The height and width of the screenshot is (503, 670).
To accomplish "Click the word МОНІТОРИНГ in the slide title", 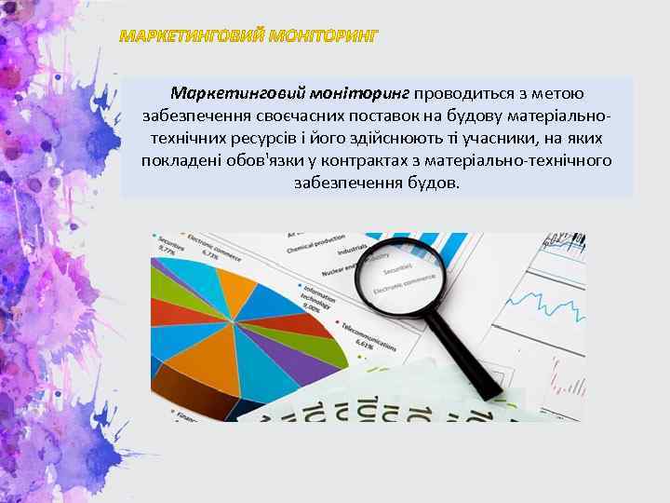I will [322, 37].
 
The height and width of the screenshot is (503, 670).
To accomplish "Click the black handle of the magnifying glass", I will [455, 344].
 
